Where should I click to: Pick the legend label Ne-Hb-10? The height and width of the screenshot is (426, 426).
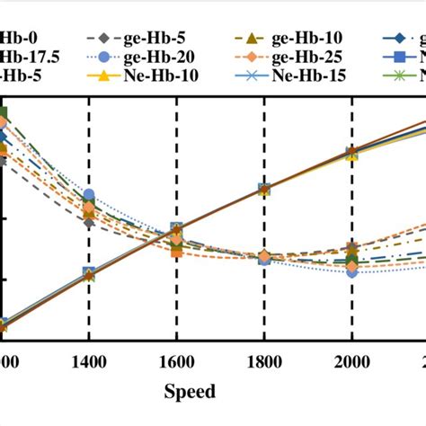point(154,75)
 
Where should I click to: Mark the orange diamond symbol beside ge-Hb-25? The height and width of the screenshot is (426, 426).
point(238,58)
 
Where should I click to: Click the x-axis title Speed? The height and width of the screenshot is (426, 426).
point(189,392)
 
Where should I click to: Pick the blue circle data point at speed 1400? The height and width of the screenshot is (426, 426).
point(89,195)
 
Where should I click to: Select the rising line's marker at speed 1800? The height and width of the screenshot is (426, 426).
point(264,190)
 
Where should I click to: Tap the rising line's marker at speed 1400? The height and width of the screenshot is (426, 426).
point(89,273)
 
